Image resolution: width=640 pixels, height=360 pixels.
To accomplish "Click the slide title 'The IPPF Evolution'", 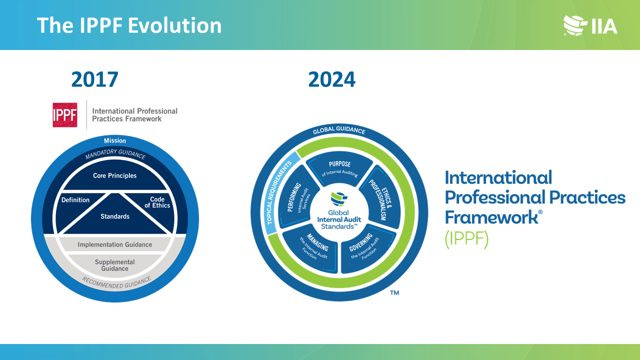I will point(129,25).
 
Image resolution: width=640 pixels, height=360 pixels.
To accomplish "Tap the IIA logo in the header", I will point(590,25).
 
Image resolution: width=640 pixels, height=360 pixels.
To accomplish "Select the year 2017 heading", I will point(94,79).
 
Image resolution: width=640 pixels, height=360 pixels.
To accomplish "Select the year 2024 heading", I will point(331,79).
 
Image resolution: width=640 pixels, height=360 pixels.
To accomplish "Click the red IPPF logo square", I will point(65,115).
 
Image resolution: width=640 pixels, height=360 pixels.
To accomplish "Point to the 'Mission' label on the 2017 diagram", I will point(115,140).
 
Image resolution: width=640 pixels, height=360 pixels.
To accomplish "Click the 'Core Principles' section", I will point(115,176).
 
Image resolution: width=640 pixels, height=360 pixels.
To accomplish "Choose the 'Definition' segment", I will point(75,200).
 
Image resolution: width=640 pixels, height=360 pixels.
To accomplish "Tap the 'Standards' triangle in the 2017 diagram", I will point(115,216).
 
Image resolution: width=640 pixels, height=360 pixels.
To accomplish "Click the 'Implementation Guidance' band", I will point(115,244).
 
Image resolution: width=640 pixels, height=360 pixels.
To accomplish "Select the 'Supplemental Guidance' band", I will point(115,265).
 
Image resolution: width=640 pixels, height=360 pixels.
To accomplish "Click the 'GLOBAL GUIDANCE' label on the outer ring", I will point(339,131).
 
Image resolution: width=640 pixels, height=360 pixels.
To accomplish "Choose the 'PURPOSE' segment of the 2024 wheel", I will point(339,167).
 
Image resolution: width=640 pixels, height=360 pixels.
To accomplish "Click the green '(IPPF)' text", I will point(466,239).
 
